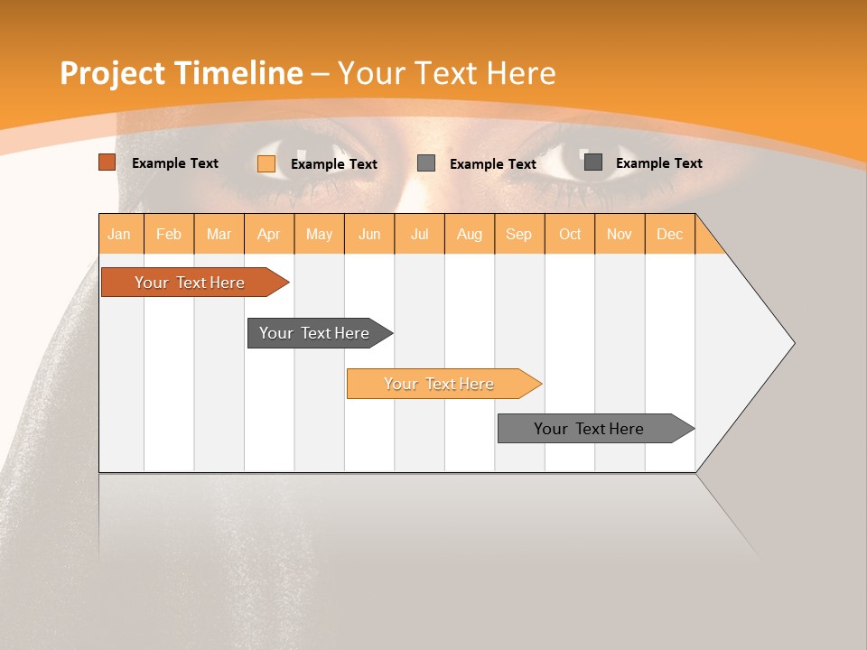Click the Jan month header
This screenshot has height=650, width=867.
click(120, 234)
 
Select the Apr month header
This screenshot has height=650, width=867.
click(269, 234)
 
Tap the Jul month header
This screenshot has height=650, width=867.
click(419, 234)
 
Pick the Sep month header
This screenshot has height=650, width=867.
click(518, 234)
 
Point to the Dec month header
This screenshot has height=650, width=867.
click(669, 234)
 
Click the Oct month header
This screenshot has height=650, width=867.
click(570, 234)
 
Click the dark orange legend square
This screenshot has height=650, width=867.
click(107, 162)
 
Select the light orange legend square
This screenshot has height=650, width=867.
click(266, 163)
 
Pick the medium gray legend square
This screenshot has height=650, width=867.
click(426, 163)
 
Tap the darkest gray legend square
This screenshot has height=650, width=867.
click(593, 162)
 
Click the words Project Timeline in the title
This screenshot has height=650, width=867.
click(181, 73)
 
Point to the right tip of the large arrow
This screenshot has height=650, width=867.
click(792, 343)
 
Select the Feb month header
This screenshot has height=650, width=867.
click(169, 234)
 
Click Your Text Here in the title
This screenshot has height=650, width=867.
click(446, 73)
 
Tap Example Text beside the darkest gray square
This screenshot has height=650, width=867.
click(658, 162)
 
